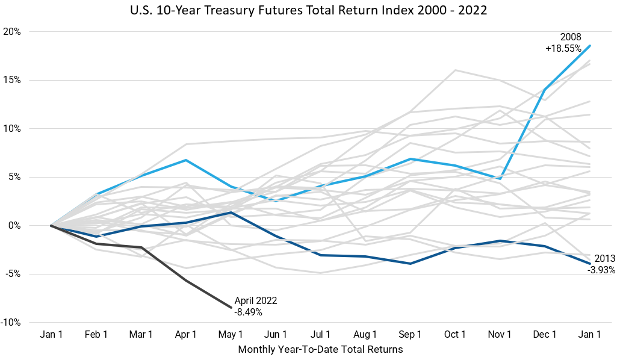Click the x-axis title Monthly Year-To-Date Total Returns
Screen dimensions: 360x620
(x=320, y=349)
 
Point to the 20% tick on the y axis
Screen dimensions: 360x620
(x=12, y=32)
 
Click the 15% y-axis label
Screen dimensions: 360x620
(x=12, y=80)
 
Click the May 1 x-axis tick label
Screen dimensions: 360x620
(x=231, y=334)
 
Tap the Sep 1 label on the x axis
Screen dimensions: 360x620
(x=410, y=334)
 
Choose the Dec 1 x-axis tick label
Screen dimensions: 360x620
(x=545, y=334)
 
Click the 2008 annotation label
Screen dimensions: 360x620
(x=569, y=37)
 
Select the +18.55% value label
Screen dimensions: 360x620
(x=564, y=48)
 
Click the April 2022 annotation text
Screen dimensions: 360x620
(x=256, y=301)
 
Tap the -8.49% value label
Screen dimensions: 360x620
(x=249, y=312)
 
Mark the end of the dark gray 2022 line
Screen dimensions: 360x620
(x=231, y=307)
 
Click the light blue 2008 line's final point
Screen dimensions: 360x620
(x=590, y=45)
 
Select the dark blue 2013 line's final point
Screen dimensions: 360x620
(x=590, y=264)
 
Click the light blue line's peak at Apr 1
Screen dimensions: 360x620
(x=185, y=160)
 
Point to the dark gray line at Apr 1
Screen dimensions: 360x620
(x=185, y=281)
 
